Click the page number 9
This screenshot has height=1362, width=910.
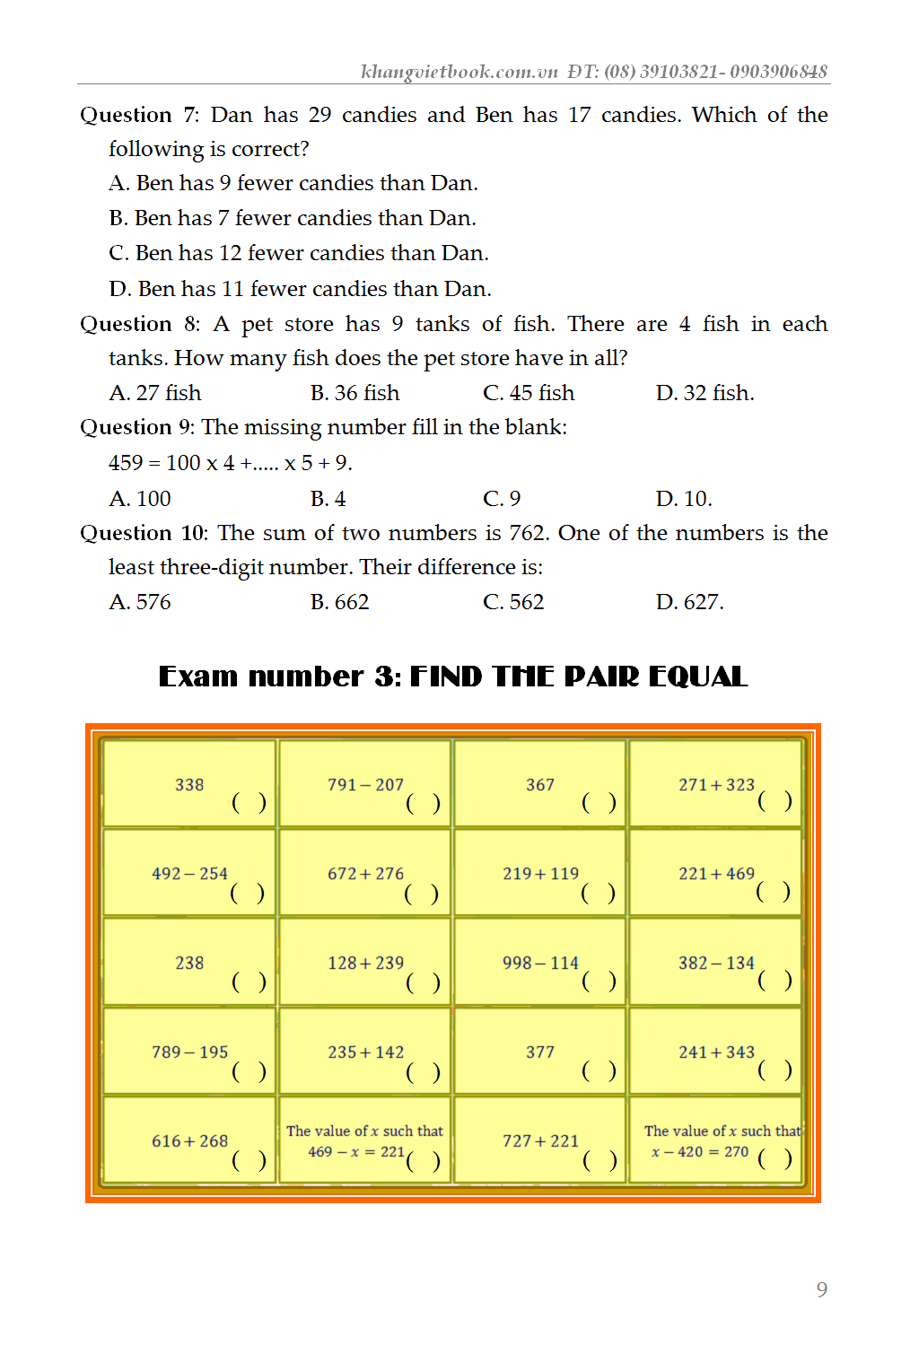(821, 1289)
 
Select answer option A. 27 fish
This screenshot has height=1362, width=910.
(155, 393)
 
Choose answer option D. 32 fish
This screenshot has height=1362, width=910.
(704, 393)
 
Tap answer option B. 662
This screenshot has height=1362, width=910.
(339, 602)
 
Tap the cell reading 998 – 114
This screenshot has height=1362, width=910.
(540, 963)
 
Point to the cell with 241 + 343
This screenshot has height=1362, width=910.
(716, 1052)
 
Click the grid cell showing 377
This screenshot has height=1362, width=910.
(540, 1052)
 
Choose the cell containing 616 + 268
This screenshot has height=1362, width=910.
(189, 1140)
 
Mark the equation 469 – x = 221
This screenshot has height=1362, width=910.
(356, 1152)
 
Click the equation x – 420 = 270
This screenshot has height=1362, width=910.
(700, 1152)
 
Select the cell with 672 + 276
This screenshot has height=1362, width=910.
(365, 873)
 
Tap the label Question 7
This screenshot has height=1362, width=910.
(139, 115)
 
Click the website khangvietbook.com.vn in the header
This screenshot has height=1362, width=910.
(459, 72)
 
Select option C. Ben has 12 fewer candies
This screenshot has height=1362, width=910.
(299, 253)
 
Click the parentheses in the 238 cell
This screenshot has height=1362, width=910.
(249, 982)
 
